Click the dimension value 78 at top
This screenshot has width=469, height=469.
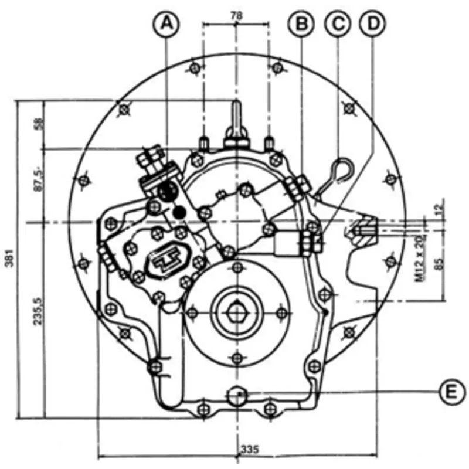click(236, 17)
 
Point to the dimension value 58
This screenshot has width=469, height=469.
click(39, 124)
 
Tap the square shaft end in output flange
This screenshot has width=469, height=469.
click(236, 310)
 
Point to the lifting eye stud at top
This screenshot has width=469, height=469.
click(236, 114)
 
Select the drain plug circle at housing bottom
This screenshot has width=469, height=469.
click(236, 395)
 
